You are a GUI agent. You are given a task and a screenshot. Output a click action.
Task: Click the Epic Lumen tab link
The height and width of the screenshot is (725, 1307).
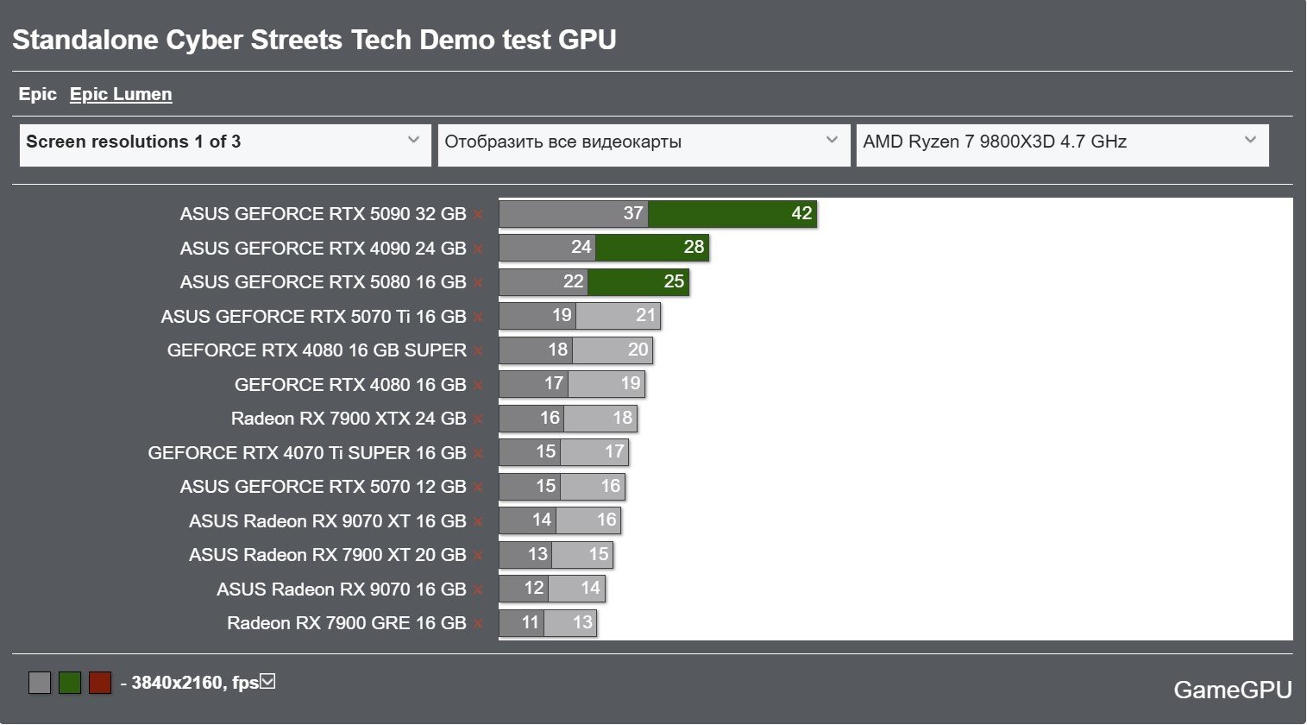[121, 95]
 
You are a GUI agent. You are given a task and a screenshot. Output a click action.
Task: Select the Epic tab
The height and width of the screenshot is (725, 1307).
[38, 95]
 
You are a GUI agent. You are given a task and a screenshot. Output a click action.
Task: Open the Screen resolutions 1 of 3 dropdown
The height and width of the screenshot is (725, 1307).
[224, 142]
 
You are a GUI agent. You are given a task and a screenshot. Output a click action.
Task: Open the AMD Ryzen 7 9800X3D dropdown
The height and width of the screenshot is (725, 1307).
[1061, 142]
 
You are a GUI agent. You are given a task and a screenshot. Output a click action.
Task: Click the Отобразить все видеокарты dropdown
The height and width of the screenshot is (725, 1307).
[643, 142]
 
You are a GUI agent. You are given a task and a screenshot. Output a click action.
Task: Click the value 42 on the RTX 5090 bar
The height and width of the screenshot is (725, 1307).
[801, 214]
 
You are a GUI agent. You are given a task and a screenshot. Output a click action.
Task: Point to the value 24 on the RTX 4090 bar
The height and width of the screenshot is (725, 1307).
[581, 248]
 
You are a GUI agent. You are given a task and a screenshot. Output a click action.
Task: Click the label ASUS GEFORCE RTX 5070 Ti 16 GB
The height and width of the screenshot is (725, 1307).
[313, 317]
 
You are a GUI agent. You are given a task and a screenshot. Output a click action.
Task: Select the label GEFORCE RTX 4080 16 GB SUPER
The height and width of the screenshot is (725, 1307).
[317, 350]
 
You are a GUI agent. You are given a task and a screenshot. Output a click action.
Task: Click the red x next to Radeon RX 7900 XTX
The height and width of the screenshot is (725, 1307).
[478, 419]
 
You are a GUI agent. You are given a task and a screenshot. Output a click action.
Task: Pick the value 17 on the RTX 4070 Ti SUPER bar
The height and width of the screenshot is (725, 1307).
[614, 452]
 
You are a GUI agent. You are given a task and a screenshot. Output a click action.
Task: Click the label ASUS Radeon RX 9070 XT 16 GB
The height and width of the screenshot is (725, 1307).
[327, 521]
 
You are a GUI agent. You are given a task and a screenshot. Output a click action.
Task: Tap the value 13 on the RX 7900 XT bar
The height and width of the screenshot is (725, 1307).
[537, 554]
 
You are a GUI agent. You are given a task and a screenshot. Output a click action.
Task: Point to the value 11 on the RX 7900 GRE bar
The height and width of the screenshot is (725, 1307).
[530, 623]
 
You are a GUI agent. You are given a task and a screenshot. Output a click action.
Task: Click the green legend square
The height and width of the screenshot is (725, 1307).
[70, 684]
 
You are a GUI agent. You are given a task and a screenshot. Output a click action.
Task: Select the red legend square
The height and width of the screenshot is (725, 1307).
[100, 684]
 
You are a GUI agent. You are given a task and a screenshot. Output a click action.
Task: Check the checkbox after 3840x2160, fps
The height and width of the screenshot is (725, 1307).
[267, 682]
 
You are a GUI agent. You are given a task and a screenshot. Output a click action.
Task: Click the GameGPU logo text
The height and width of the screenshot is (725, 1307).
[1232, 690]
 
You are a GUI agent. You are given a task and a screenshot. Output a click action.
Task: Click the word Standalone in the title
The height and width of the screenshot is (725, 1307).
[85, 41]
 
